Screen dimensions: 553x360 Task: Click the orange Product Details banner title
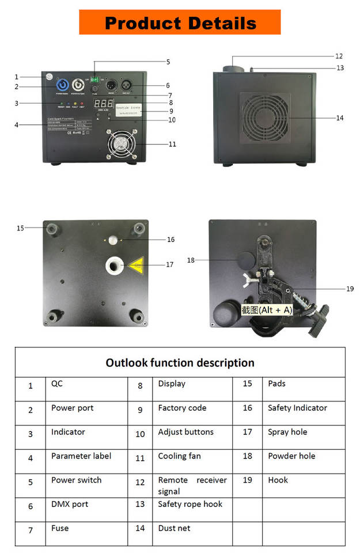[x=180, y=23]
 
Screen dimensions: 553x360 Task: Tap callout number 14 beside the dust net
[x=340, y=118]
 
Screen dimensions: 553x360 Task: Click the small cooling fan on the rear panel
[x=122, y=143]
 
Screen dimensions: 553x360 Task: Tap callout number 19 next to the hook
[x=350, y=289]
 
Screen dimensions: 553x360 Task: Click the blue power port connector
[x=62, y=84]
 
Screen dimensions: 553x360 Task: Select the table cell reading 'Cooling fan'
[x=179, y=456]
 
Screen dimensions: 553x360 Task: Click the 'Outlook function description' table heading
[x=180, y=363]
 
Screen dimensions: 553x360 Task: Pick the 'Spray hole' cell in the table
[x=287, y=432]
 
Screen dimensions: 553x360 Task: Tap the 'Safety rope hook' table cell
[x=190, y=504]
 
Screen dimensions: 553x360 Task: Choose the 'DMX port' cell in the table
[x=70, y=504]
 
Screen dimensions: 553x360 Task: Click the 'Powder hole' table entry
[x=291, y=456]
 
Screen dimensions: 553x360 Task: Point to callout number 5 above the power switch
[x=168, y=62]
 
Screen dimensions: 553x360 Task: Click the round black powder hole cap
[x=247, y=260]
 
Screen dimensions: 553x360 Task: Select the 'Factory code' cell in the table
[x=182, y=408]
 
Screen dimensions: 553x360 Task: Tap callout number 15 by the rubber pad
[x=21, y=228]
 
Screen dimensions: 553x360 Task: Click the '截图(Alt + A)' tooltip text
[x=267, y=310]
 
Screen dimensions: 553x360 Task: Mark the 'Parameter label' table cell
[x=81, y=456]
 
